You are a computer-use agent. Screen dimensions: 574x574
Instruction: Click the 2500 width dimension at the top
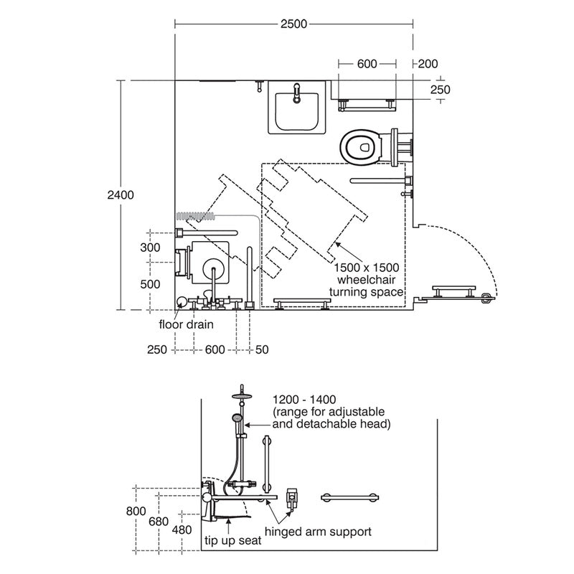coord(293,24)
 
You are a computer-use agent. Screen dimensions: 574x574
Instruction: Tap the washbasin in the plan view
coord(297,108)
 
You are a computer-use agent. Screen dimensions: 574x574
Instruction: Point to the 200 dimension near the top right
coord(428,64)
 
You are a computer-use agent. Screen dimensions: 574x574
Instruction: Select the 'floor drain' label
coord(187,324)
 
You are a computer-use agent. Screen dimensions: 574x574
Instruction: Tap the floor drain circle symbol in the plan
coord(182,302)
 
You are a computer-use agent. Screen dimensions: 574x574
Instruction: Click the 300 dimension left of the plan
coord(150,247)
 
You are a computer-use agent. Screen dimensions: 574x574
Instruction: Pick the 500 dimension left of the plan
coord(150,283)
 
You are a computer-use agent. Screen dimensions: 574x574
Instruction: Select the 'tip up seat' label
coord(232,542)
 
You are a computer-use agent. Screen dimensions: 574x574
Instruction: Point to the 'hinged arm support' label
coord(318,532)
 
